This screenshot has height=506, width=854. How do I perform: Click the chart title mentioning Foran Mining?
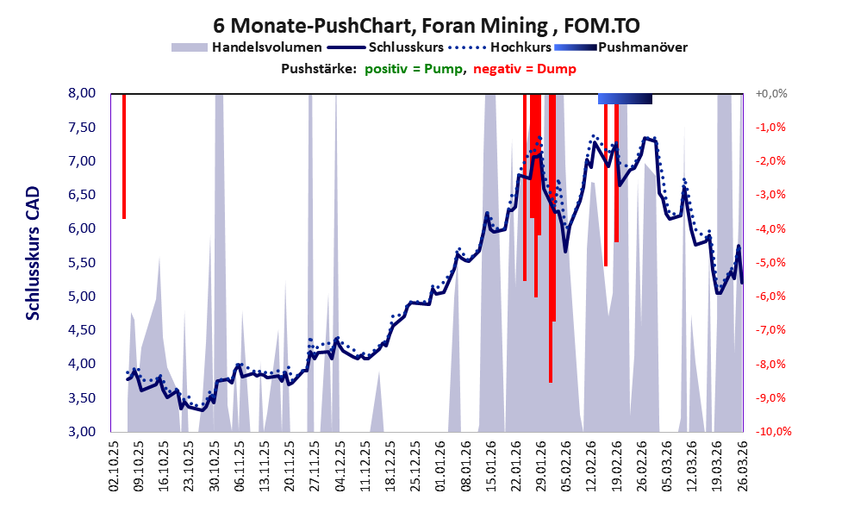click(427, 26)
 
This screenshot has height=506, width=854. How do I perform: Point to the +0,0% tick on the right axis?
click(772, 93)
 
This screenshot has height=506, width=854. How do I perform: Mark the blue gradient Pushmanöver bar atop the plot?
click(625, 99)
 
